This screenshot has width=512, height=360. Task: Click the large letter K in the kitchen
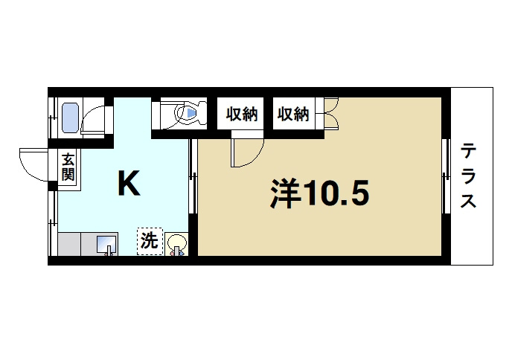click(x=129, y=184)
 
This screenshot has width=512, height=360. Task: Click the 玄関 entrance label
click(x=68, y=168)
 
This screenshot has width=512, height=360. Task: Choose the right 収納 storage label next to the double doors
click(x=293, y=115)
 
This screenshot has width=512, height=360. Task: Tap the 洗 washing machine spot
click(x=149, y=242)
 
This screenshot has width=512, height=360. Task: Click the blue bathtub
click(x=70, y=117)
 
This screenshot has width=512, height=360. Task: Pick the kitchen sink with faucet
click(x=106, y=243)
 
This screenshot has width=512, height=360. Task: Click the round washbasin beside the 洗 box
click(x=176, y=243)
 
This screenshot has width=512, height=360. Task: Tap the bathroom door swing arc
click(x=95, y=119)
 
